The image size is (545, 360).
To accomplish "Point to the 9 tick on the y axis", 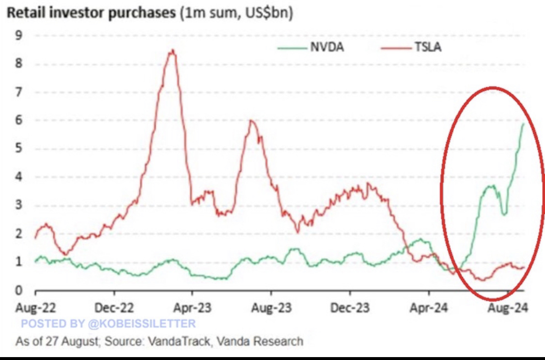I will (19, 35).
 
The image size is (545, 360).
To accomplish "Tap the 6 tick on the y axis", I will (19, 120).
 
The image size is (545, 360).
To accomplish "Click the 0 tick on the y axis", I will (19, 291).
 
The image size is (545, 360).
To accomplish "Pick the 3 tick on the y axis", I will (19, 205).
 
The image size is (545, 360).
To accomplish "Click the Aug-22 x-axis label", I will (36, 308).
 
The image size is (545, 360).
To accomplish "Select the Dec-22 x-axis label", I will (114, 308).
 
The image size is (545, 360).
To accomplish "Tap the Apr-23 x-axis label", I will (193, 308).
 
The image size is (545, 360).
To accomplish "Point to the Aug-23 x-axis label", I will (271, 308).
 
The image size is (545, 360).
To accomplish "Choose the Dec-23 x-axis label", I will (350, 308).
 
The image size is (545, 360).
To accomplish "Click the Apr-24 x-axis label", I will (429, 308).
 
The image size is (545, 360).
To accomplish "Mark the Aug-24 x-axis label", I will (507, 308).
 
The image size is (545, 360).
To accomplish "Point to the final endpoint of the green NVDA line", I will (524, 124).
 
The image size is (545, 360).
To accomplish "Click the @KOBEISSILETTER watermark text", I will (140, 324).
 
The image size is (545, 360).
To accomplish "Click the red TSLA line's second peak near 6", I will (250, 120).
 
